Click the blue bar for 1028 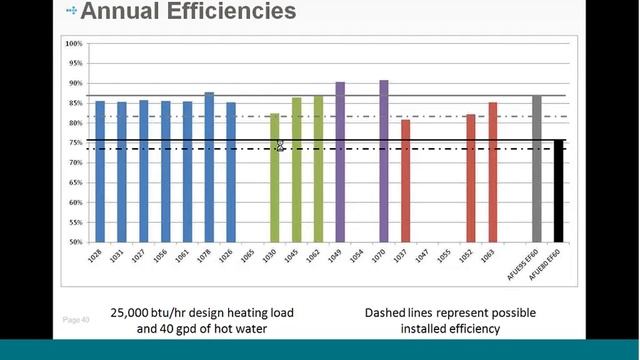99,171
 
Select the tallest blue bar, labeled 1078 209,167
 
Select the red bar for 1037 405,181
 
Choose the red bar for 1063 492,172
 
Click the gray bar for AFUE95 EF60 537,169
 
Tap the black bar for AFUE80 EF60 559,191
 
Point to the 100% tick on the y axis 73,44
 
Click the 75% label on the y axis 73,143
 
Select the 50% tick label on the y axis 73,242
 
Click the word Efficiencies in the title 227,12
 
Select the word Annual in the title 117,12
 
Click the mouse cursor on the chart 280,147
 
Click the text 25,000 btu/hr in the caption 151,313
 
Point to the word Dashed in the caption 390,313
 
